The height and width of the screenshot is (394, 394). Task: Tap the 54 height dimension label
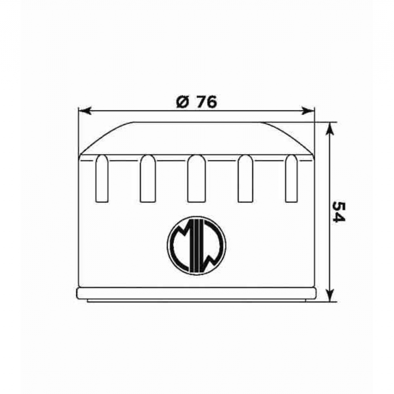point(338,211)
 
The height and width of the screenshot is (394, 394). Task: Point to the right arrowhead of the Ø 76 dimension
point(308,111)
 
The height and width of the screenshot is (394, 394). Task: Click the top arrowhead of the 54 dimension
point(330,129)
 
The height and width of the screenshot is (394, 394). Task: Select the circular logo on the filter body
point(197,245)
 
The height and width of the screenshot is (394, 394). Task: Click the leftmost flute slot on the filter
point(102,178)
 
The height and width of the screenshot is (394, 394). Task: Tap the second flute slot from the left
point(148,178)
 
